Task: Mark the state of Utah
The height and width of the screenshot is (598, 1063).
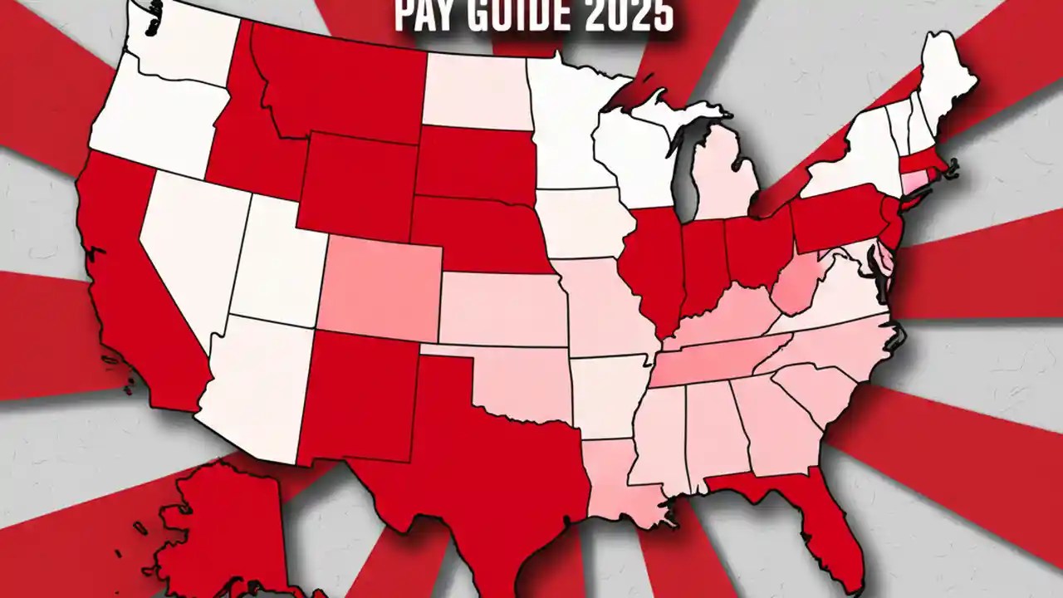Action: click(278, 266)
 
